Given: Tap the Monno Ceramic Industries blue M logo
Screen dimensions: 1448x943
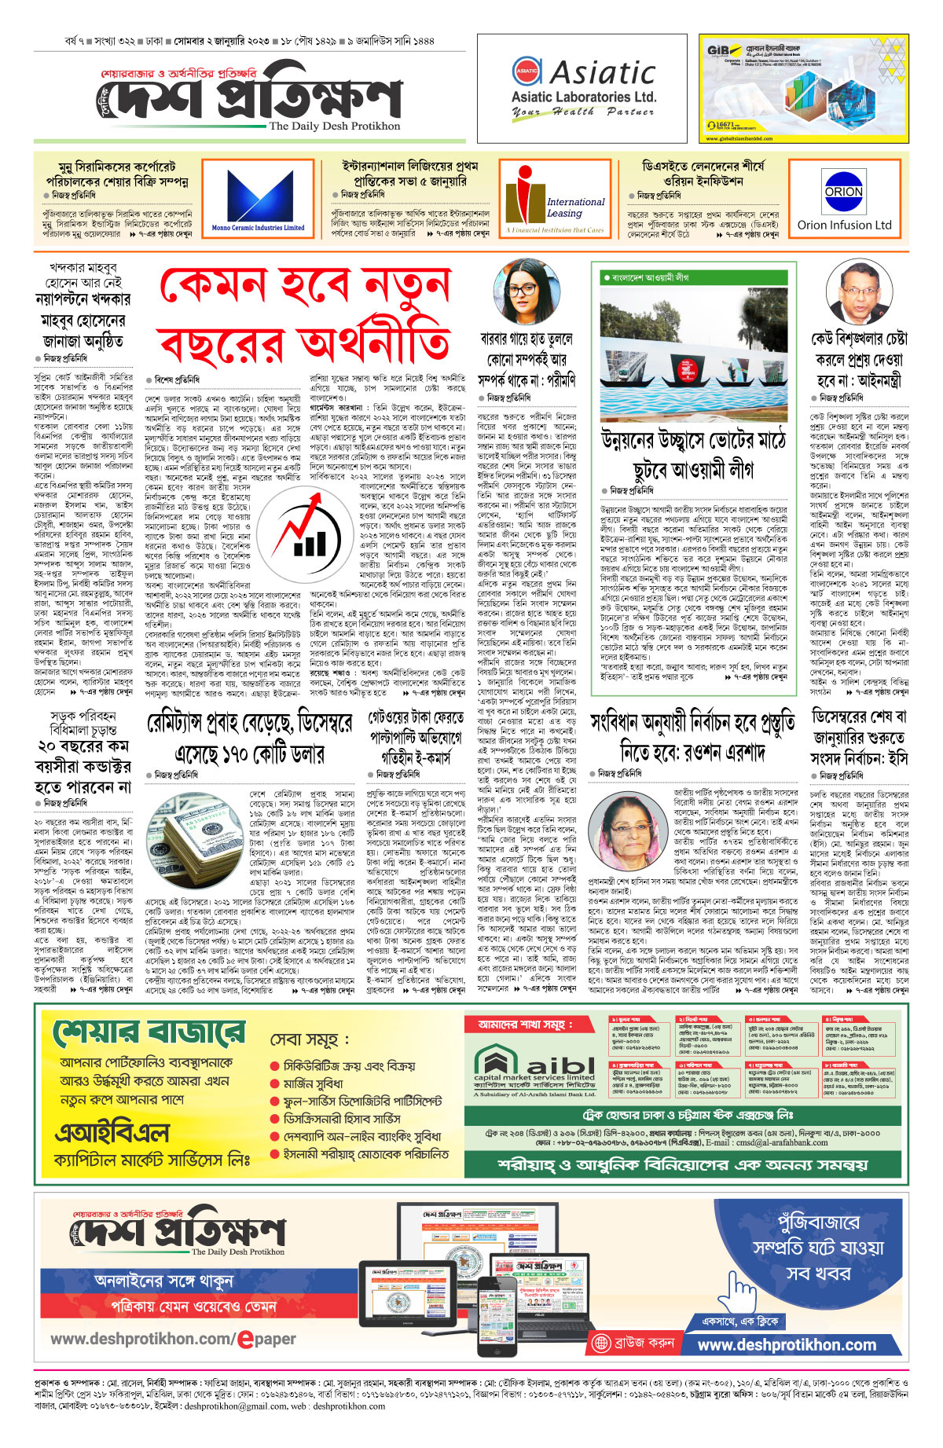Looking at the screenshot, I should [x=259, y=197].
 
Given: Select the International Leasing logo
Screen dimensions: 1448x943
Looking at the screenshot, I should [x=555, y=200].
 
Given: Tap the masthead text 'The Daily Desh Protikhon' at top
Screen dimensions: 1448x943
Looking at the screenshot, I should [x=334, y=126].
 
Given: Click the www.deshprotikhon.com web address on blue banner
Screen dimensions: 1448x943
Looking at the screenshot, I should [x=786, y=1344].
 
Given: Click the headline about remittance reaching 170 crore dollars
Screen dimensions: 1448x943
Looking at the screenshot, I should [x=250, y=739].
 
